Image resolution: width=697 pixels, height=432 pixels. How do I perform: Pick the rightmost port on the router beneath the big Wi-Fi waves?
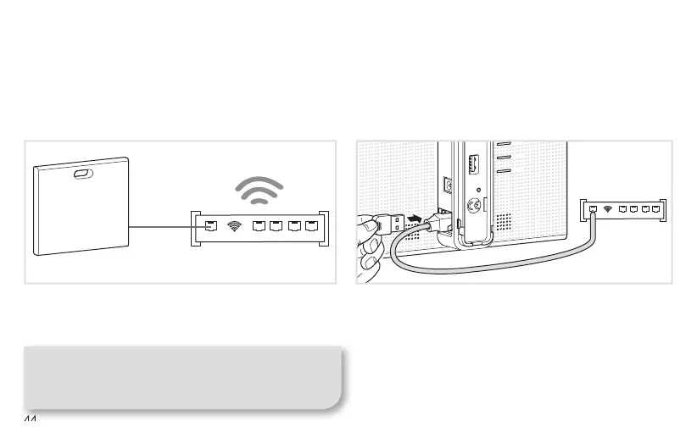pos(312,226)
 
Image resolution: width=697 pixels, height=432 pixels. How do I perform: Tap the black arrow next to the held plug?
pos(415,219)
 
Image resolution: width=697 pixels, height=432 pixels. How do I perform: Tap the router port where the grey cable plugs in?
pos(594,208)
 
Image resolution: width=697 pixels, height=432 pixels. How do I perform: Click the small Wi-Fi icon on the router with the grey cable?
pos(609,208)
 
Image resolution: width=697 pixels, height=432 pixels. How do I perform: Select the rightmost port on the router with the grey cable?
pos(656,208)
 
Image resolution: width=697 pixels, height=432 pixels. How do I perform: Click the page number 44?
pos(31,421)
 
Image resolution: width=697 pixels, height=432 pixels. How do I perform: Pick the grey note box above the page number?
pos(182,377)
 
